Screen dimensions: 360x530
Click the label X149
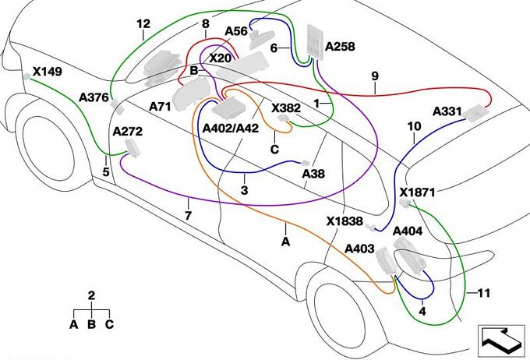tap(47, 72)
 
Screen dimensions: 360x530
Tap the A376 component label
tap(94, 97)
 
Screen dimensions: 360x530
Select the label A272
tap(129, 132)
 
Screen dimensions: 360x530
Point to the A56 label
tap(235, 31)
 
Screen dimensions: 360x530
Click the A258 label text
tap(340, 47)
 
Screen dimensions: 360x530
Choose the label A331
tap(447, 111)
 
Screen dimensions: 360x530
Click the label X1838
tap(344, 221)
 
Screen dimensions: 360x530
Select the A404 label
tap(408, 231)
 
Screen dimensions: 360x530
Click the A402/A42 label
tap(229, 129)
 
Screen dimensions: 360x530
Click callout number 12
tap(142, 24)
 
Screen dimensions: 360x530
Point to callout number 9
tap(375, 76)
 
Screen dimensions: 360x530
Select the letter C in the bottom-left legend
tap(109, 323)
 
